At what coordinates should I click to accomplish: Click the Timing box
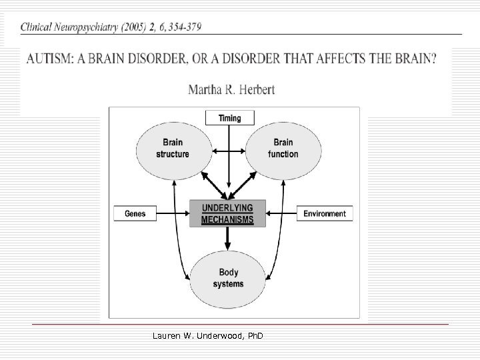click(229, 118)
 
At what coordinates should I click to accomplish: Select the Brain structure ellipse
click(173, 148)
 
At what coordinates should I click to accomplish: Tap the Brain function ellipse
click(283, 148)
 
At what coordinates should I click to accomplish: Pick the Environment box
click(325, 213)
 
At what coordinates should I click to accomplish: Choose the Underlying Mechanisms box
click(227, 213)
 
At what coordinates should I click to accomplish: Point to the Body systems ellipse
click(228, 278)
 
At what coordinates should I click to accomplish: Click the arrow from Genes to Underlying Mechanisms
click(173, 213)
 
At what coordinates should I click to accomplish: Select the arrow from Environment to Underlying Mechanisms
click(281, 213)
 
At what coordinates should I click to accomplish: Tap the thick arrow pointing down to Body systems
click(228, 237)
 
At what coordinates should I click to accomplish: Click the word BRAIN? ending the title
click(417, 58)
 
